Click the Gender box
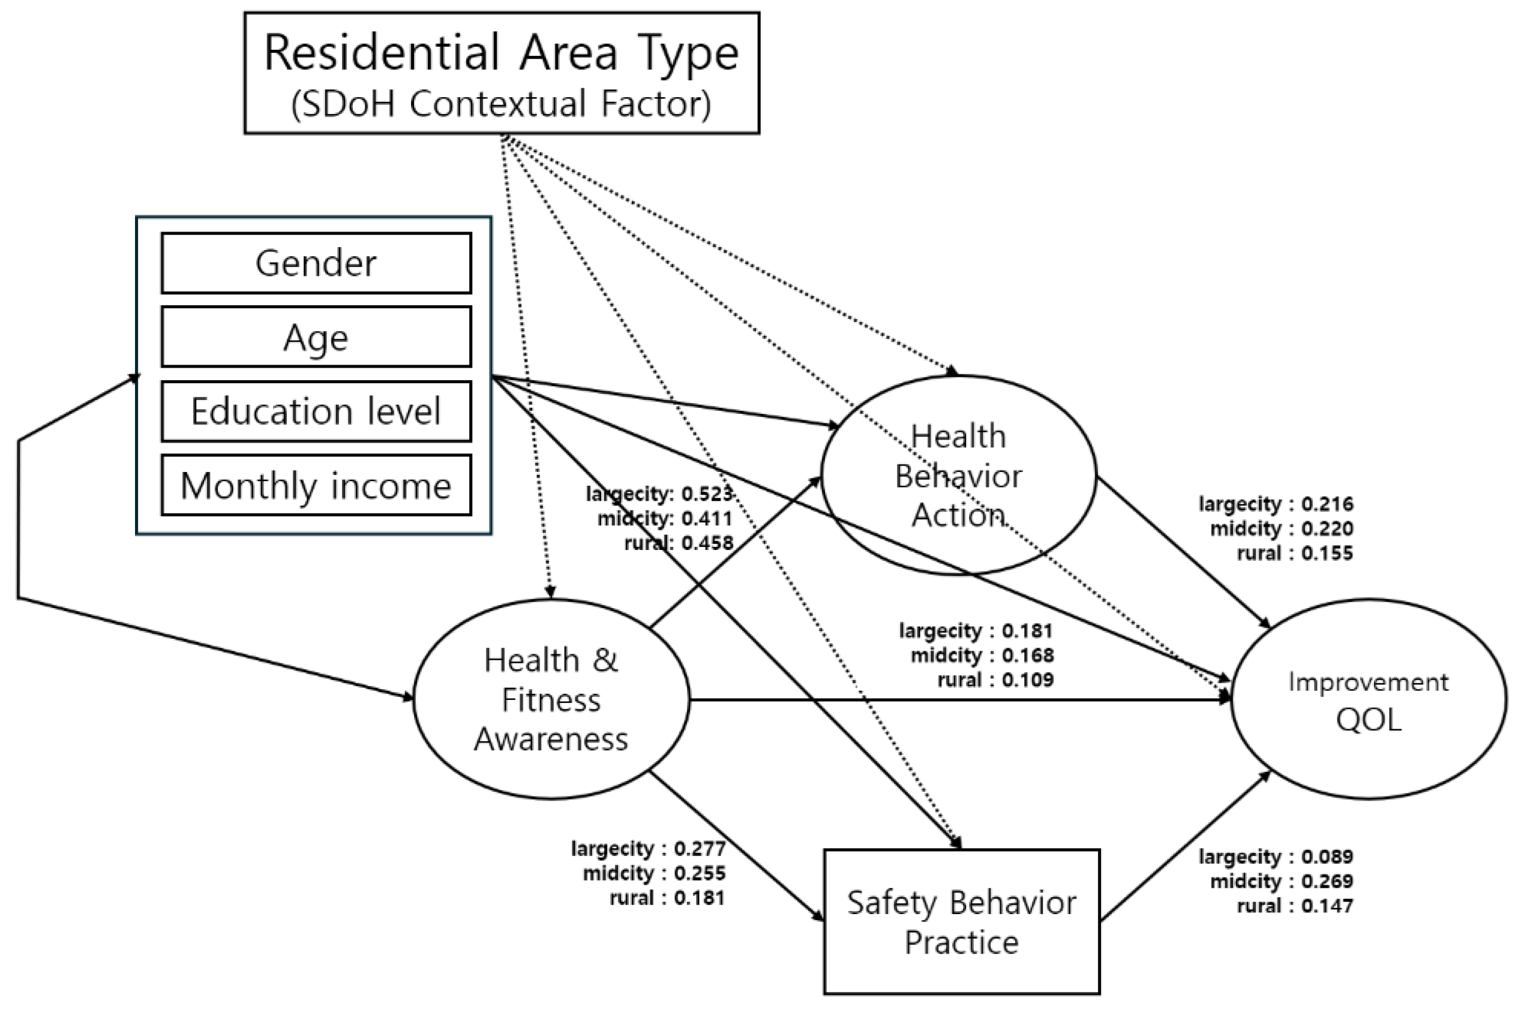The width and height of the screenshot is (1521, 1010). tap(316, 263)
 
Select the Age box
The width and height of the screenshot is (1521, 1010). tap(316, 337)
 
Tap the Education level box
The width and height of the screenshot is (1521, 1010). tap(316, 411)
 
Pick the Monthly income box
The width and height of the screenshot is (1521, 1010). tap(316, 485)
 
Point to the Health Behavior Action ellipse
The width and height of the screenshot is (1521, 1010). tap(958, 475)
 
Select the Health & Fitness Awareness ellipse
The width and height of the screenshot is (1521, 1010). tap(551, 699)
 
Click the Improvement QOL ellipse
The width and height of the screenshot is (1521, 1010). tap(1369, 699)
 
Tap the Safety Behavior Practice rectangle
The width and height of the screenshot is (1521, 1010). tap(961, 922)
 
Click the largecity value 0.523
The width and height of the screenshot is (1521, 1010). tap(707, 494)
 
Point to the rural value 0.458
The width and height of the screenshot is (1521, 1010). tap(707, 543)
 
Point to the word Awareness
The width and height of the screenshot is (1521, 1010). tap(551, 739)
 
